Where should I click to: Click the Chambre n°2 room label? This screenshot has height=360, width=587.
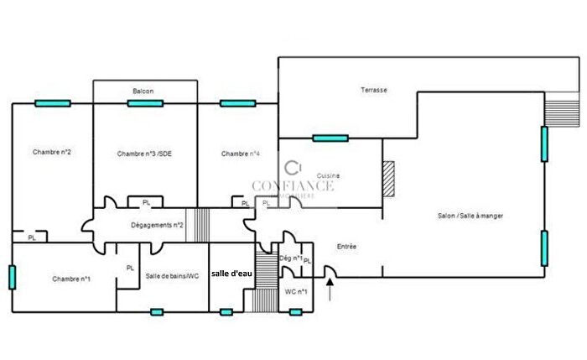51,152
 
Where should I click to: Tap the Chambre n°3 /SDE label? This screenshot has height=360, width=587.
144,154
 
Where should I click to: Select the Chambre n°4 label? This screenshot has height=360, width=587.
241,154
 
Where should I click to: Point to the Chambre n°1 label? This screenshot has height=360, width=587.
70,279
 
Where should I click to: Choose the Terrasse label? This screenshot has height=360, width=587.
373,90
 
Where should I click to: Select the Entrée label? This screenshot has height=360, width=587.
346,247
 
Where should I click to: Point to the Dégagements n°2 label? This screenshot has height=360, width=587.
157,225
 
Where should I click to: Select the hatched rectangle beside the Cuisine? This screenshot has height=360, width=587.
387,180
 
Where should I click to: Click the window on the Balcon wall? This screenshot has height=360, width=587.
144,103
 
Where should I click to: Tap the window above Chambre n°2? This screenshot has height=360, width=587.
52,103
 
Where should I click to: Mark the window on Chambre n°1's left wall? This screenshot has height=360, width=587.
12,276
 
